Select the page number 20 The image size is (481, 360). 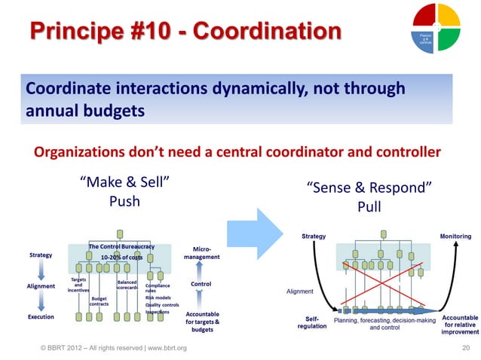coord(465,347)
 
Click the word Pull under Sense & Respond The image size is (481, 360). coord(369,206)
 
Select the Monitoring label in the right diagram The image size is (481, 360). coord(455,236)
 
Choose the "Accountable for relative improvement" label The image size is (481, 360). coord(460,325)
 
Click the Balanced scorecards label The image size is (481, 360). coord(126,284)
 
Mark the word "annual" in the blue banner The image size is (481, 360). coord(54,110)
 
